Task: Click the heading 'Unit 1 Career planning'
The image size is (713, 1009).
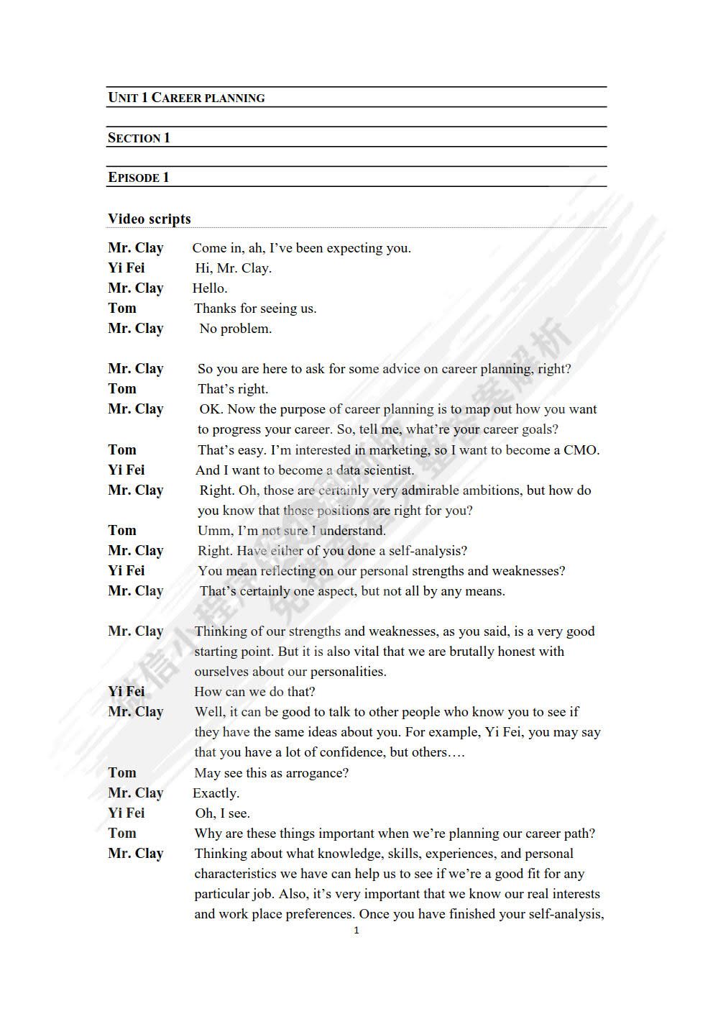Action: [x=186, y=98]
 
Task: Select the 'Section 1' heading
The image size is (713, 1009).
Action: [x=139, y=138]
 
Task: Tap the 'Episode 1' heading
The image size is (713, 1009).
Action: [x=139, y=178]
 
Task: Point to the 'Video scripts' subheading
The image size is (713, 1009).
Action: [x=149, y=219]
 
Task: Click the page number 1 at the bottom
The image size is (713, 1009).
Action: [x=356, y=931]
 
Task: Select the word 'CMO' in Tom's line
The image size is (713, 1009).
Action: [x=581, y=450]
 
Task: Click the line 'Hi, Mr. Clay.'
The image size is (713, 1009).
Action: [x=233, y=268]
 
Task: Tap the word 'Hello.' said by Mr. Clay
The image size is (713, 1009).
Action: [x=210, y=288]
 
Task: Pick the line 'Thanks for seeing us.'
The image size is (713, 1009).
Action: [x=255, y=309]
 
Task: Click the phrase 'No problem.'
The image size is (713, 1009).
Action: [x=235, y=329]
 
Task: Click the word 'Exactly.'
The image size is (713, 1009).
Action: [x=216, y=793]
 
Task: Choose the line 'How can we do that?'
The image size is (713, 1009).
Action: [x=254, y=692]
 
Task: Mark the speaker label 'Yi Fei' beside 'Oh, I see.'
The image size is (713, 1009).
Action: [x=126, y=813]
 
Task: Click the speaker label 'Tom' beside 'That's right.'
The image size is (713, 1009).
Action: [x=122, y=389]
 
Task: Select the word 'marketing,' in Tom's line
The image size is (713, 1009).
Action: [x=399, y=450]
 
